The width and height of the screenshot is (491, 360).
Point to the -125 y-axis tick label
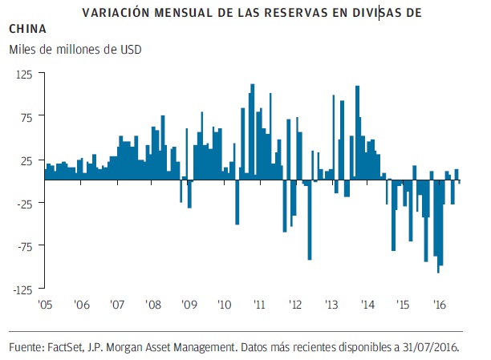(x=19, y=289)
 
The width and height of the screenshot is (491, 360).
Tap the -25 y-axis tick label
(x=22, y=203)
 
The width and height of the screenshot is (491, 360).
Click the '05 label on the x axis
(x=46, y=305)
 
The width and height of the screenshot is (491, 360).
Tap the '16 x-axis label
(x=439, y=305)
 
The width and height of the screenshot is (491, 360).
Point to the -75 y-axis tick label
(x=22, y=246)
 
